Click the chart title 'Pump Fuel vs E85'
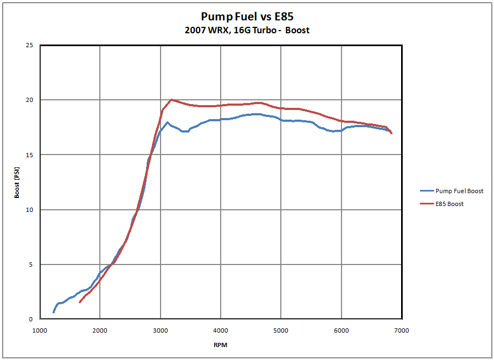pos(247,17)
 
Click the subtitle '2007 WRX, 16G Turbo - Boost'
pos(247,30)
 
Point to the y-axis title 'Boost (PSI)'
pos(17,182)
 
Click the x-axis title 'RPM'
pos(220,345)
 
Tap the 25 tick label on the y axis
pos(30,45)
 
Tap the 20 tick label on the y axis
pos(30,100)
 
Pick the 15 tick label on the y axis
pos(30,155)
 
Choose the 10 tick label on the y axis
pos(30,210)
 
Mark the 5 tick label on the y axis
pos(32,265)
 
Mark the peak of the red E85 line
pos(171,100)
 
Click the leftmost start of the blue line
pos(53,312)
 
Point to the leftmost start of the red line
pos(79,303)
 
